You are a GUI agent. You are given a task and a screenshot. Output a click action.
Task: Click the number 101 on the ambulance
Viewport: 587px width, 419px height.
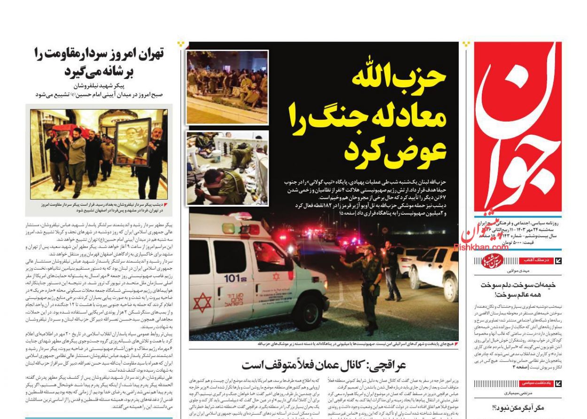(x=232, y=278)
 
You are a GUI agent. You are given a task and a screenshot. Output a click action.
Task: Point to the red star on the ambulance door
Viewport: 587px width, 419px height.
(x=203, y=303)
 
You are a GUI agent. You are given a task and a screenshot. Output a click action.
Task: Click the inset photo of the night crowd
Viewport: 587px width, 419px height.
(x=227, y=87)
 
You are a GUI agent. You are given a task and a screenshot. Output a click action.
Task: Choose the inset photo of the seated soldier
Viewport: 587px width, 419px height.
(x=227, y=168)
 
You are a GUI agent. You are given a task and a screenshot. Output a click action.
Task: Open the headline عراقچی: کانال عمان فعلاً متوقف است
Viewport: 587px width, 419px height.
(x=324, y=365)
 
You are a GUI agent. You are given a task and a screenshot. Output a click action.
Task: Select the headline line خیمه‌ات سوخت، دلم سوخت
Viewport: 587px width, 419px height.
(x=518, y=285)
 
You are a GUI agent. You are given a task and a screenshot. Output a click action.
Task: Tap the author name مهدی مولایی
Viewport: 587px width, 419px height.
(x=518, y=271)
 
